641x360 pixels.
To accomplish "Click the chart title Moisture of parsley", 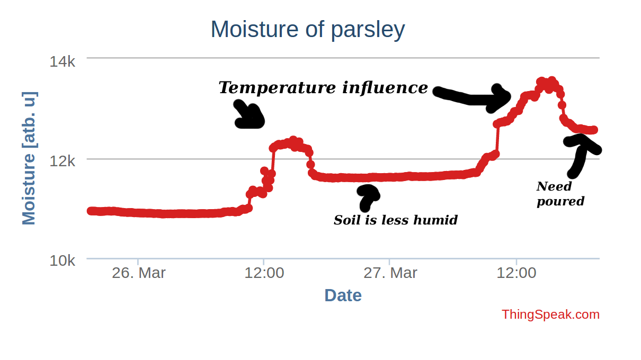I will [x=307, y=30].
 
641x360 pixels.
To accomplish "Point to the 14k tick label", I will [x=63, y=61].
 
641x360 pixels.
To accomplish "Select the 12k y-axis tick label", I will [x=63, y=160].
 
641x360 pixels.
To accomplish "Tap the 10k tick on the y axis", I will [x=63, y=260].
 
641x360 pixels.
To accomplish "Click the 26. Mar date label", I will [x=138, y=273].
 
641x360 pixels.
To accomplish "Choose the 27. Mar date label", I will [x=390, y=273].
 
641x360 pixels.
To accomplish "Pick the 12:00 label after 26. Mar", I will [x=264, y=273].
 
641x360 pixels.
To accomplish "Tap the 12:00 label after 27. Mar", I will [x=516, y=273].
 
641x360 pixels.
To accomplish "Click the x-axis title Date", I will [x=343, y=295].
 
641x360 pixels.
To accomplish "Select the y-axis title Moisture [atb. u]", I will [x=29, y=158].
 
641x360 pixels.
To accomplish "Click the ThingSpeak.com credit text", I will [x=550, y=314].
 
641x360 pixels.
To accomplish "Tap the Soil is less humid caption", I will [x=395, y=220].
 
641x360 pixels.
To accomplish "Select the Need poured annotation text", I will [x=559, y=194].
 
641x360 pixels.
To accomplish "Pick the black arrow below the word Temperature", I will [x=248, y=115].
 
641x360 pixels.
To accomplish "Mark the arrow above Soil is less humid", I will [x=368, y=196].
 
